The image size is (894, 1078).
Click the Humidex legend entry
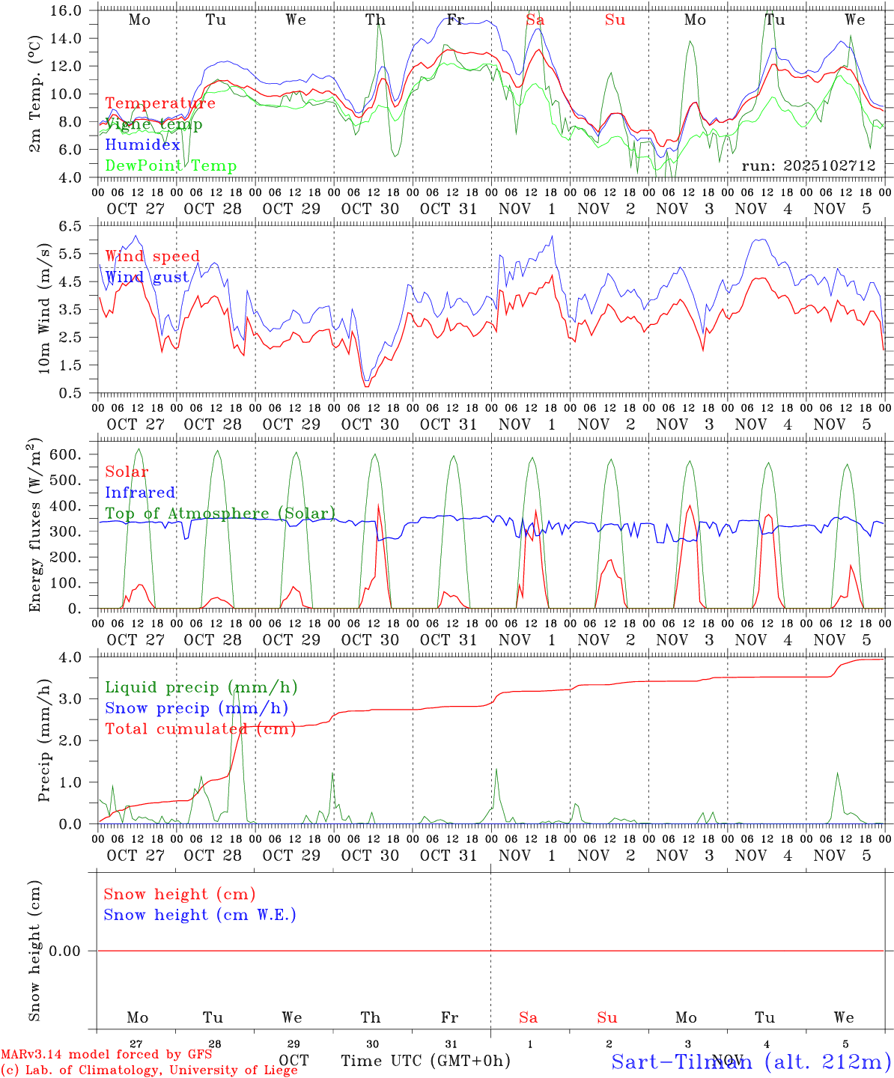pyautogui.click(x=142, y=145)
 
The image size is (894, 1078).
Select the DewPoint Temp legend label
pyautogui.click(x=171, y=166)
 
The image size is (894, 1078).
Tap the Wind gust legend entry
pyautogui.click(x=147, y=278)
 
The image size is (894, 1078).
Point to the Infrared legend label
pyautogui.click(x=140, y=493)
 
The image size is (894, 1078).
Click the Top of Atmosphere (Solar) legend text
pyautogui.click(x=220, y=514)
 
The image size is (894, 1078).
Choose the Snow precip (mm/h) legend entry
pyautogui.click(x=196, y=708)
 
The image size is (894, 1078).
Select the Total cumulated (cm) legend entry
pyautogui.click(x=198, y=729)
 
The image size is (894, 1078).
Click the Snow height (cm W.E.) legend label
pyautogui.click(x=200, y=915)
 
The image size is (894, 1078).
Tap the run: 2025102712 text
pyautogui.click(x=809, y=165)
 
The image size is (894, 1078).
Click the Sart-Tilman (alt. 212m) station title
pyautogui.click(x=751, y=1061)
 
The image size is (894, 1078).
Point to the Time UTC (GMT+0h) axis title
pyautogui.click(x=426, y=1061)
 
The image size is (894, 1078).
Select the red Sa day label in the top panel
pyautogui.click(x=535, y=20)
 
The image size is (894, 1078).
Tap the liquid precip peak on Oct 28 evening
pyautogui.click(x=237, y=686)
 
